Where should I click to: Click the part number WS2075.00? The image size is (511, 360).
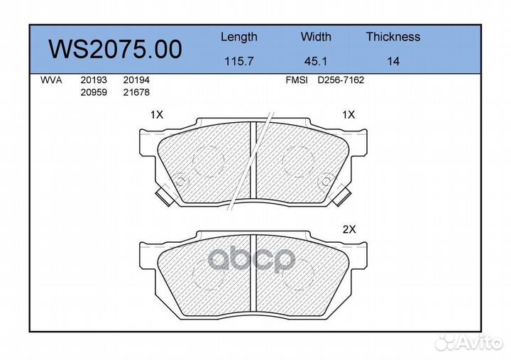point(115,49)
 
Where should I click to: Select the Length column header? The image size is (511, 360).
point(239,37)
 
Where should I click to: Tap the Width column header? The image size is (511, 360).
point(316,36)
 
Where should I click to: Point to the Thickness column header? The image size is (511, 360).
point(393,36)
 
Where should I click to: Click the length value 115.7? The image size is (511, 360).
point(239,61)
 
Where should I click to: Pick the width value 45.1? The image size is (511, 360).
point(315,61)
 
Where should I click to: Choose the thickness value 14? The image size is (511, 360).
point(393,61)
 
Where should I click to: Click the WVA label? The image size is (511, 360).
point(51,80)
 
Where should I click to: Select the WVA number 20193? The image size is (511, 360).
point(94,80)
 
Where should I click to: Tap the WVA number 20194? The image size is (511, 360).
point(136,80)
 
